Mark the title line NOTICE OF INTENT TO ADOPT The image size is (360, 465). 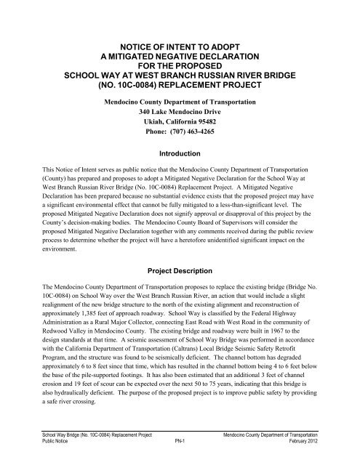click(x=180, y=42)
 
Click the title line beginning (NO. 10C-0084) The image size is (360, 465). click(x=180, y=83)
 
